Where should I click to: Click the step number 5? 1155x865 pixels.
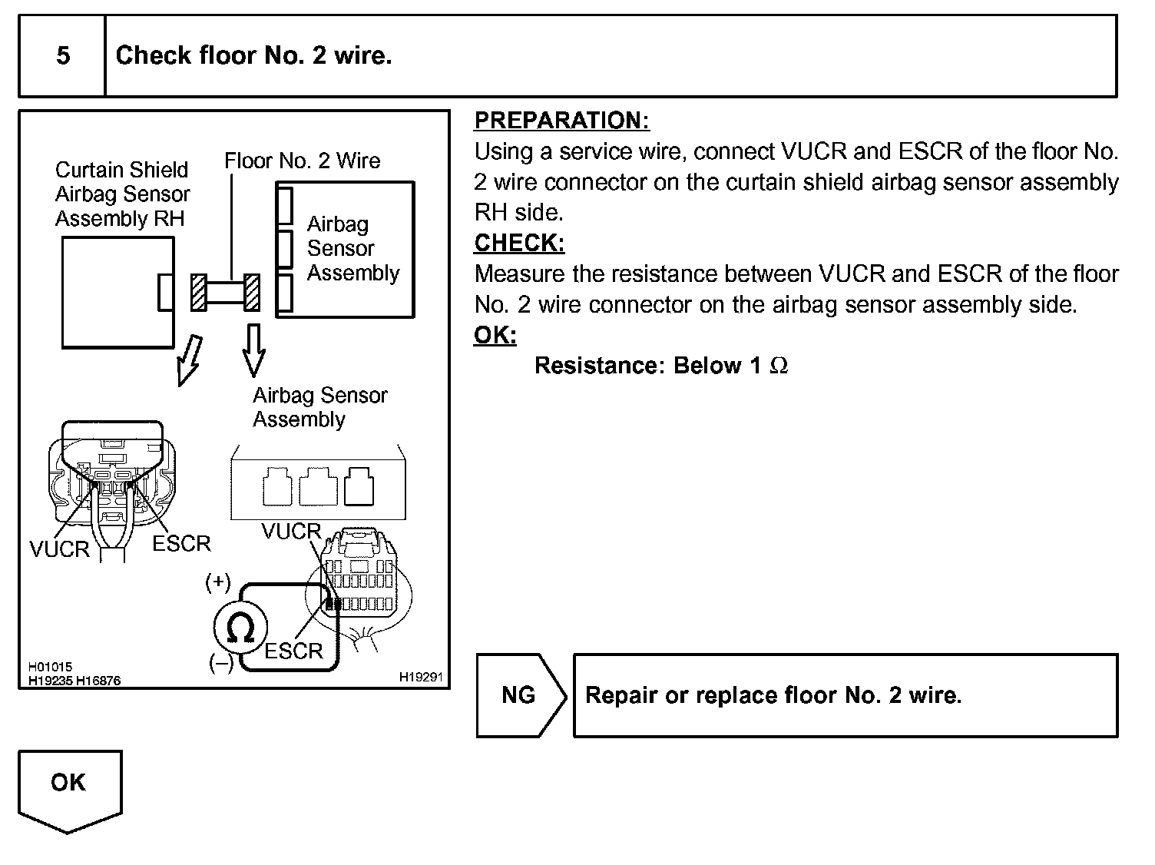[63, 55]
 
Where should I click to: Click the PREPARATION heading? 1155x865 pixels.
[561, 120]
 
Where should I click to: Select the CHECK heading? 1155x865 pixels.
[519, 243]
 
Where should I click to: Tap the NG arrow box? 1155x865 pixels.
[521, 695]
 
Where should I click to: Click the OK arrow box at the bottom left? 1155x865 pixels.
[70, 789]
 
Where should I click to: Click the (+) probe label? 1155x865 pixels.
[218, 582]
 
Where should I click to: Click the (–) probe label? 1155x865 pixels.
[221, 663]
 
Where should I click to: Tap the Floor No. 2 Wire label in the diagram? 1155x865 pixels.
[302, 161]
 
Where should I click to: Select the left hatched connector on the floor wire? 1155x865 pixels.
[198, 293]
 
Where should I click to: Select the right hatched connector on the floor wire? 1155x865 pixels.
[252, 293]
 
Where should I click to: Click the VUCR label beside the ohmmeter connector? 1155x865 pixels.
[291, 532]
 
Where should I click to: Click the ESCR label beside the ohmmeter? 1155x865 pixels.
[293, 651]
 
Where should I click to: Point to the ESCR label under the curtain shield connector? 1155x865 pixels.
[181, 544]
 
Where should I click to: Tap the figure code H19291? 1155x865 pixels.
[420, 677]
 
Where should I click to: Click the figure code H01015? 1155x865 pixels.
[50, 667]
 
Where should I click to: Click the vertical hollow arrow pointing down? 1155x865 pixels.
[253, 350]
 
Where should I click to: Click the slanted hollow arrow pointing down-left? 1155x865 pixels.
[190, 361]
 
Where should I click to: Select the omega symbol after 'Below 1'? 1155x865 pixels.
[779, 366]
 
